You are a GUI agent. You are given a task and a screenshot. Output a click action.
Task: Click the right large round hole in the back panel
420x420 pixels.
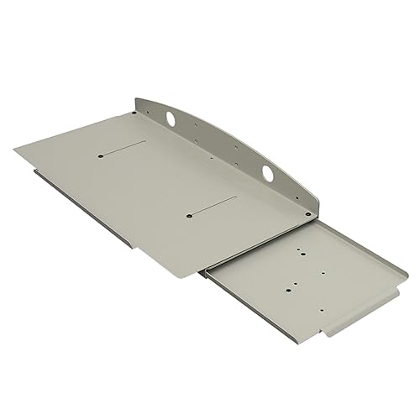267,174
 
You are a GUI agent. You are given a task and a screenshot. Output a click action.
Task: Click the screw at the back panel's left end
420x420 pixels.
138,104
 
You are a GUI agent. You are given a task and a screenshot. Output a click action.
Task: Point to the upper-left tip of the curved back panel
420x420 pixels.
136,99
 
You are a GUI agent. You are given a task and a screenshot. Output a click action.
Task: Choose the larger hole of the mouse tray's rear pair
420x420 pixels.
302,249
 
